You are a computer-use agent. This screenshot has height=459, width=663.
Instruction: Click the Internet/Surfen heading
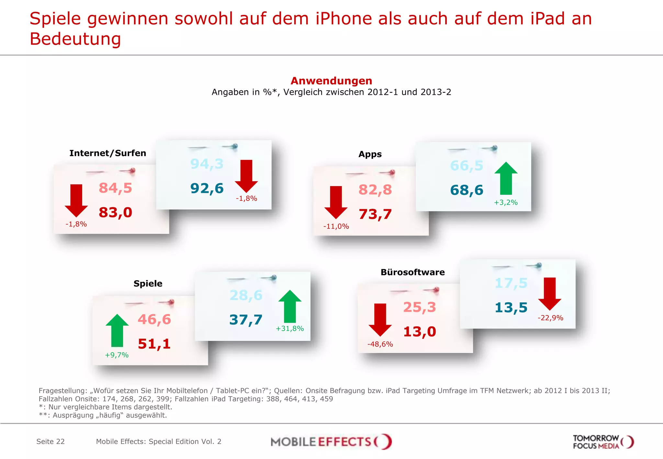pyautogui.click(x=107, y=153)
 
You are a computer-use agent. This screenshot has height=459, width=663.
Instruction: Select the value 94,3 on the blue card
pyautogui.click(x=207, y=164)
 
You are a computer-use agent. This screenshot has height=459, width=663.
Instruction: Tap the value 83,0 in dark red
pyautogui.click(x=115, y=213)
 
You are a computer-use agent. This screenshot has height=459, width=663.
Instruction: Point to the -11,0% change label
pyautogui.click(x=336, y=226)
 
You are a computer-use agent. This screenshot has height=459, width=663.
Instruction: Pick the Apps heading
pyautogui.click(x=370, y=154)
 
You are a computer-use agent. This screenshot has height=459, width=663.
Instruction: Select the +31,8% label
pyautogui.click(x=289, y=329)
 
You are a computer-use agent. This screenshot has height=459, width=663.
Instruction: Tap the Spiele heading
pyautogui.click(x=148, y=284)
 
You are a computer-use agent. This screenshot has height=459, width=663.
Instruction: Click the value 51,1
pyautogui.click(x=154, y=344)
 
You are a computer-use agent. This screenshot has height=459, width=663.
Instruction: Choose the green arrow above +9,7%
pyautogui.click(x=117, y=330)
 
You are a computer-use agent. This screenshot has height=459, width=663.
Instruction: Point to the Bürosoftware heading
pyautogui.click(x=412, y=272)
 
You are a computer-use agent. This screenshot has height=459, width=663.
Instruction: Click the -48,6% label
pyautogui.click(x=380, y=344)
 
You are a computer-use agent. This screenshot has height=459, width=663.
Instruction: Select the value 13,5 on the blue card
pyautogui.click(x=511, y=308)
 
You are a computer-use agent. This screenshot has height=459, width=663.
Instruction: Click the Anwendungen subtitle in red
pyautogui.click(x=331, y=81)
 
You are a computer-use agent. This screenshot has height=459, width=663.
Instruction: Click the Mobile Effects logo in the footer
pyautogui.click(x=331, y=442)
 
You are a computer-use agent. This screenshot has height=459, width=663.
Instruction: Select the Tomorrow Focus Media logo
pyautogui.click(x=603, y=442)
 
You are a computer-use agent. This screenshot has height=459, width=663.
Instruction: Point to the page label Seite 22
pyautogui.click(x=51, y=442)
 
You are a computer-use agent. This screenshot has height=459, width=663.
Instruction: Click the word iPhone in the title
pyautogui.click(x=344, y=18)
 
